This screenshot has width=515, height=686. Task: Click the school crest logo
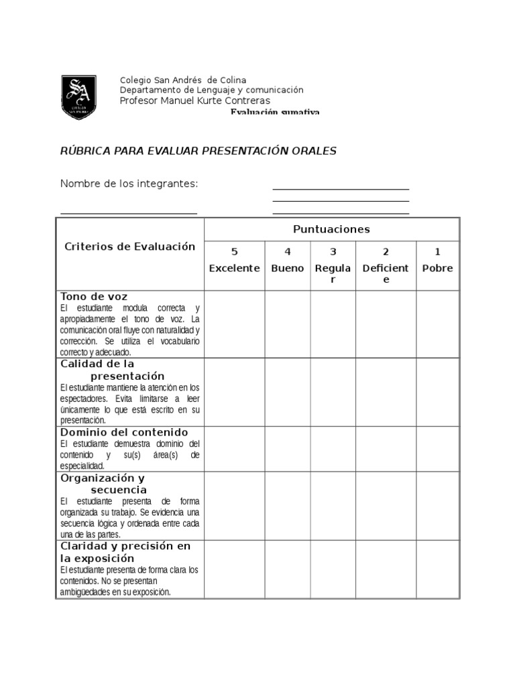[78, 97]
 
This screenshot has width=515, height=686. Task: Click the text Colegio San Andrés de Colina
[182, 80]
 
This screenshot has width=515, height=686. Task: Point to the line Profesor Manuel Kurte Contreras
[194, 100]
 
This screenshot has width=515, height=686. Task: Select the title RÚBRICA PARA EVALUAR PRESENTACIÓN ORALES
[198, 151]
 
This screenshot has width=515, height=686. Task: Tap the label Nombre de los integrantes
[129, 184]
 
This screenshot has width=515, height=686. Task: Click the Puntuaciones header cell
[331, 229]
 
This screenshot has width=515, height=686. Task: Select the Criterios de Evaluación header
[129, 247]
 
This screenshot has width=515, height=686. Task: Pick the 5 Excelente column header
[234, 261]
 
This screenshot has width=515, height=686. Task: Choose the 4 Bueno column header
[288, 261]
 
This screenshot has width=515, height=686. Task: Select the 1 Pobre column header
[437, 261]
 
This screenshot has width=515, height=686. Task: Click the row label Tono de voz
[94, 296]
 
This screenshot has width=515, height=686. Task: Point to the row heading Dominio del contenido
[124, 432]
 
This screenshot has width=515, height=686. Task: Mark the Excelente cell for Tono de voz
[234, 324]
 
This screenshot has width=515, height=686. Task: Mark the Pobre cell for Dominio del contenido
[437, 448]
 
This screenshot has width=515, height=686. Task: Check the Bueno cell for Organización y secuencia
[288, 506]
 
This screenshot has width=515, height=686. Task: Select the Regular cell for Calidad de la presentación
[333, 391]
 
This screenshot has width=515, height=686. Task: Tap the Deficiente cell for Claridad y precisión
[386, 569]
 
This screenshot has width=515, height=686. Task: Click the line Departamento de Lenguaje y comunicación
[211, 90]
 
